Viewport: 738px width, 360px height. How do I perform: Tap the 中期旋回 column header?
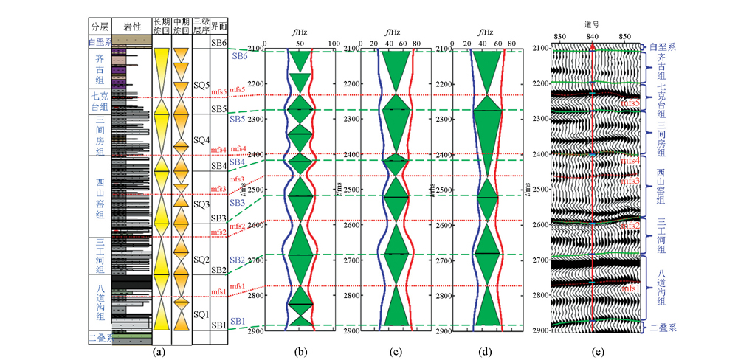[x=181, y=27]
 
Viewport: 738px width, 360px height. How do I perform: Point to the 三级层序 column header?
[x=201, y=27]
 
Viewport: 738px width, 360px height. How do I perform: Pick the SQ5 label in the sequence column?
[x=201, y=85]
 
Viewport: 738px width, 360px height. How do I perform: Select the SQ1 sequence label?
[x=201, y=314]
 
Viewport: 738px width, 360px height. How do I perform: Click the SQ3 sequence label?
[x=201, y=203]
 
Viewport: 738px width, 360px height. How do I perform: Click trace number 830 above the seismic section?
[x=559, y=36]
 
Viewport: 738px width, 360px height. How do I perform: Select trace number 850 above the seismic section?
[x=624, y=36]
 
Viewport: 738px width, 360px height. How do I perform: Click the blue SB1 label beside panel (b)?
[x=237, y=321]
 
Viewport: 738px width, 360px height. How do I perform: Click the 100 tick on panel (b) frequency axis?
[x=334, y=44]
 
